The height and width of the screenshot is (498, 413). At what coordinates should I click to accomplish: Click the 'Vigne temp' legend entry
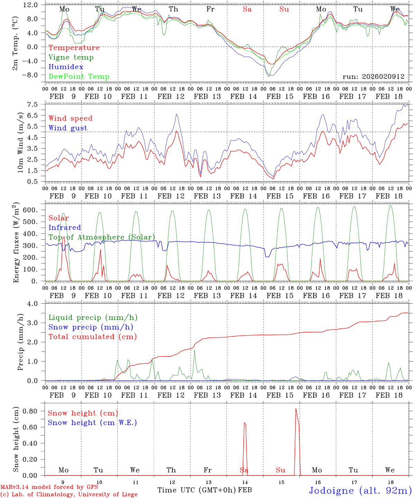pyautogui.click(x=71, y=57)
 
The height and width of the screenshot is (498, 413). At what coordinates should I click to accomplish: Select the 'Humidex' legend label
pyautogui.click(x=66, y=67)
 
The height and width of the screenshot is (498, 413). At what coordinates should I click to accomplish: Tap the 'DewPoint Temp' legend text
pyautogui.click(x=79, y=77)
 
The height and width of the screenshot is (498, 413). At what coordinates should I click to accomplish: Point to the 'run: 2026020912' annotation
pyautogui.click(x=373, y=76)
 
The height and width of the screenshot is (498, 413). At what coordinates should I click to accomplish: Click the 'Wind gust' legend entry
pyautogui.click(x=68, y=128)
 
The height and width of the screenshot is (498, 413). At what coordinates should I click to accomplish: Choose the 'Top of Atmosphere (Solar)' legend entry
pyautogui.click(x=102, y=237)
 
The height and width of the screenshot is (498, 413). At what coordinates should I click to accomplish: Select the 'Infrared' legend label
pyautogui.click(x=65, y=228)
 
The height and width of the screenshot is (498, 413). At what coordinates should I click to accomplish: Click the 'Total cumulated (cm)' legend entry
pyautogui.click(x=93, y=337)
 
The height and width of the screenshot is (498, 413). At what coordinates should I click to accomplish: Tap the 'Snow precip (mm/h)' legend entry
pyautogui.click(x=91, y=327)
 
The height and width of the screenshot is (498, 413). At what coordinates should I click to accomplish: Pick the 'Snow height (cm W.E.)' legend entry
pyautogui.click(x=92, y=423)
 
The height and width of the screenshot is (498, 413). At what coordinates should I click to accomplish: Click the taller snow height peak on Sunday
pyautogui.click(x=296, y=409)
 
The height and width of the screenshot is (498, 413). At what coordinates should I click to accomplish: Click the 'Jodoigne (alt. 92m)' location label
pyautogui.click(x=360, y=490)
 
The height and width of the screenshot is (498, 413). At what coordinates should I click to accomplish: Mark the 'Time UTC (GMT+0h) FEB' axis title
pyautogui.click(x=204, y=490)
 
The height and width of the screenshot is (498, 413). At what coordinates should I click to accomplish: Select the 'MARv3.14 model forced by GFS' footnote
pyautogui.click(x=49, y=487)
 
